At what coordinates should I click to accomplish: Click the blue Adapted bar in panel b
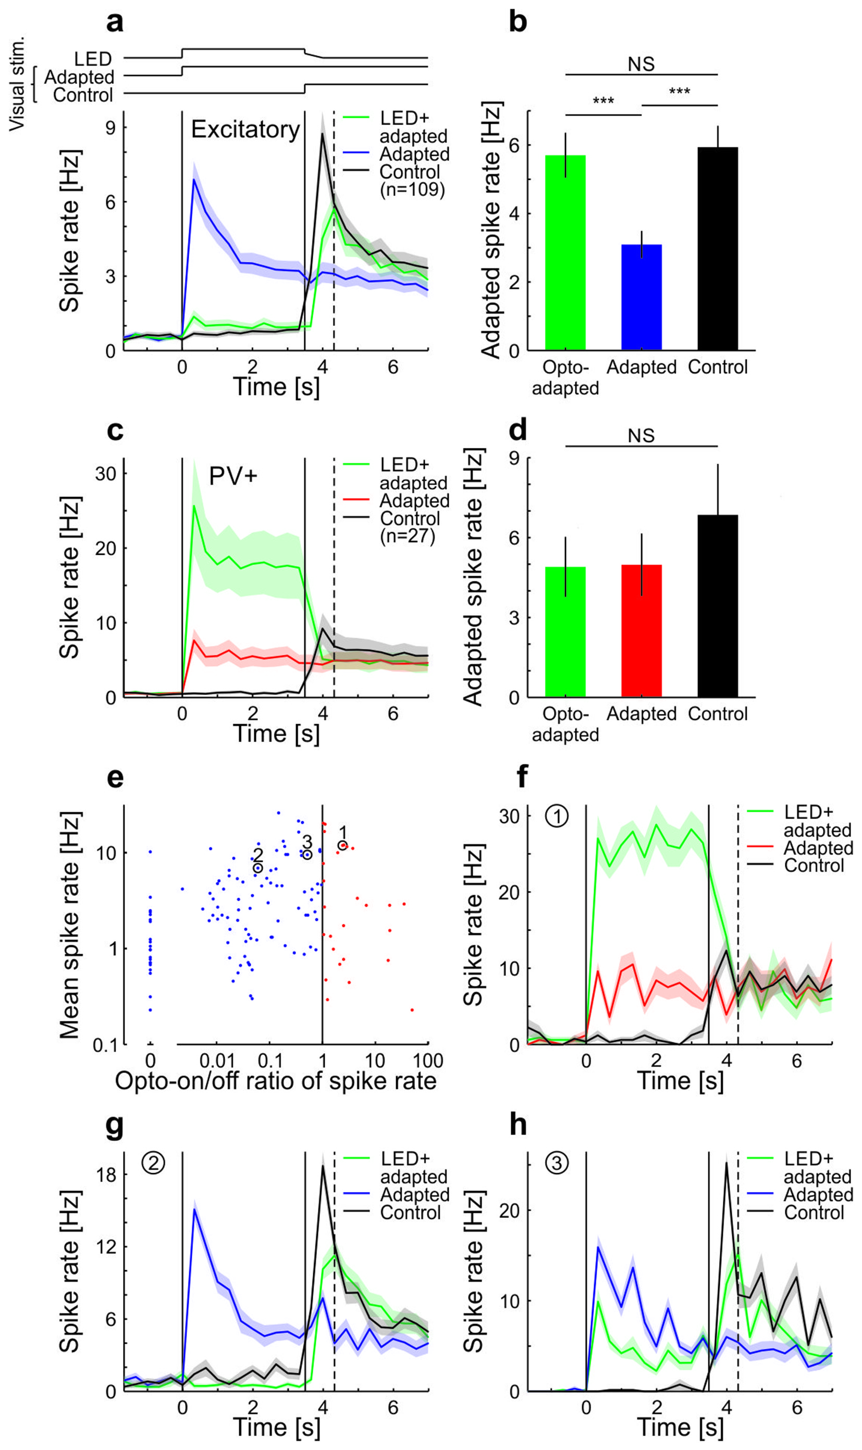pyautogui.click(x=641, y=297)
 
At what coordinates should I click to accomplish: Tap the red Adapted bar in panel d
pyautogui.click(x=641, y=630)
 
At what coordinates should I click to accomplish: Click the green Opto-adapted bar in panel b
pyautogui.click(x=565, y=253)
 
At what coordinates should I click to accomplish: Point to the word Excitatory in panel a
pyautogui.click(x=245, y=129)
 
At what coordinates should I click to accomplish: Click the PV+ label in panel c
pyautogui.click(x=233, y=477)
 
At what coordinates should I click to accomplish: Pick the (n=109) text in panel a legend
pyautogui.click(x=412, y=190)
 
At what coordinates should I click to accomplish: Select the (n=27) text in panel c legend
pyautogui.click(x=408, y=536)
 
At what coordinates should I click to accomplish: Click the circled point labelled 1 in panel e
pyautogui.click(x=343, y=845)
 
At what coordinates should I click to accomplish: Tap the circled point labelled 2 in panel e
pyautogui.click(x=258, y=868)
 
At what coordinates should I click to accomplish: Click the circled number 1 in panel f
pyautogui.click(x=557, y=817)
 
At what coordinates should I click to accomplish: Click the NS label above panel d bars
pyautogui.click(x=641, y=436)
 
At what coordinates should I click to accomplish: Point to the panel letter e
pyautogui.click(x=115, y=777)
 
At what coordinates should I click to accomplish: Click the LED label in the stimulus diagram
pyautogui.click(x=93, y=59)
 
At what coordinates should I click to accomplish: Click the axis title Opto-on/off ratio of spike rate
pyautogui.click(x=276, y=1081)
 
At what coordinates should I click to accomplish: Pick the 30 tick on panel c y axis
pyautogui.click(x=105, y=474)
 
